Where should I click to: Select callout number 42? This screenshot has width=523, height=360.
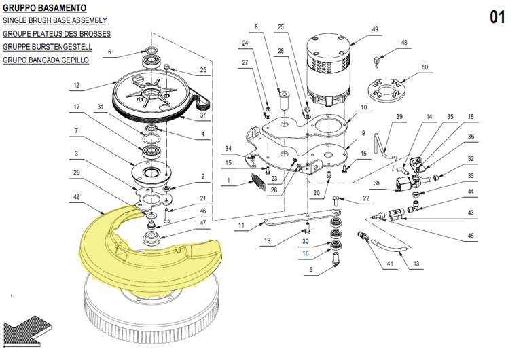point(76,197)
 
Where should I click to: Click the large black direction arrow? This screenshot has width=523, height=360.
point(26,331)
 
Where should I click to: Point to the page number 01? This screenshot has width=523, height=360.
point(497,17)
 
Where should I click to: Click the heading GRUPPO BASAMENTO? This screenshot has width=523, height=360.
point(44,7)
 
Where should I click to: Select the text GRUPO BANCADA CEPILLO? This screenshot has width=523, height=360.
point(46,60)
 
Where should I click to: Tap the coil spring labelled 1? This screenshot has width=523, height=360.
point(257,182)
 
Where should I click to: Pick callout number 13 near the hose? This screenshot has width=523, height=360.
point(416,264)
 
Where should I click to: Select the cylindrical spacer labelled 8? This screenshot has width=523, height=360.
point(284,99)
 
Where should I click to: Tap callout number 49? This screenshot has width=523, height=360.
point(375,29)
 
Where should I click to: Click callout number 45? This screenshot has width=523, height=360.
point(470,236)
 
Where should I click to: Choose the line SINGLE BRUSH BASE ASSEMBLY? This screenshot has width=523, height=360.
point(55,20)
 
